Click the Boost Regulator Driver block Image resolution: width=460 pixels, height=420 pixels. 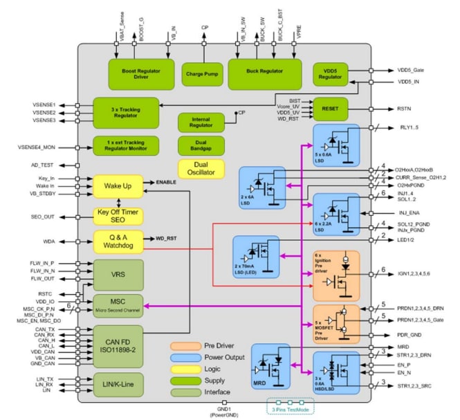[136, 73]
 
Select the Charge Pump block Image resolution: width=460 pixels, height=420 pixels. [201, 73]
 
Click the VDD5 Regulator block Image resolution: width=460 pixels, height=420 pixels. [331, 74]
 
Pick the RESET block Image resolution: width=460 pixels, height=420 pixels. [331, 109]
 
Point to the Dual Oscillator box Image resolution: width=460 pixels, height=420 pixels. [201, 169]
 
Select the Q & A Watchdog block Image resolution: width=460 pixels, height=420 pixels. [118, 241]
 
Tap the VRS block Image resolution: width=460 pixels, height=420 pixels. [118, 275]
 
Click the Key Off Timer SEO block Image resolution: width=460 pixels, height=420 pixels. [118, 215]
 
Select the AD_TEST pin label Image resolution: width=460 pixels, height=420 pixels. [43, 166]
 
